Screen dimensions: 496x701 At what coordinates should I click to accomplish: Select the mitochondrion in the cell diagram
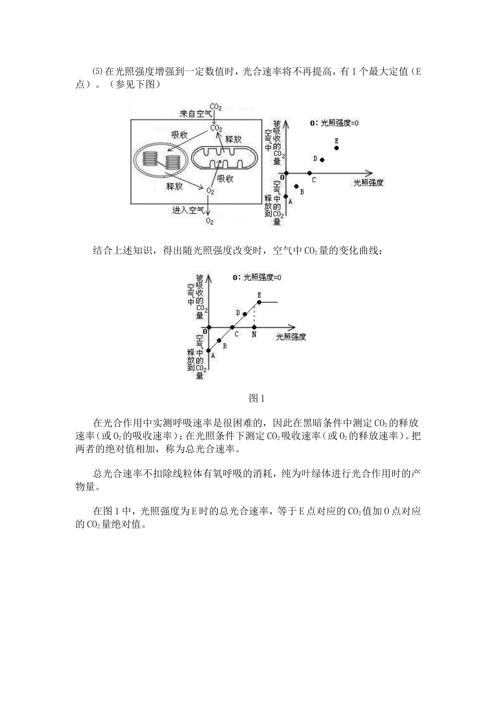(x=225, y=159)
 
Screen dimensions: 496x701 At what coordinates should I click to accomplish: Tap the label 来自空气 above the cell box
(x=196, y=114)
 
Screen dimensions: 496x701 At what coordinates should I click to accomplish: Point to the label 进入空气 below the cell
(x=188, y=210)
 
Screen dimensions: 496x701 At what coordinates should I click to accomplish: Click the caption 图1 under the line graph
(x=257, y=398)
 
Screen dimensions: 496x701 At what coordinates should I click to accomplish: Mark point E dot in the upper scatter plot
(x=337, y=148)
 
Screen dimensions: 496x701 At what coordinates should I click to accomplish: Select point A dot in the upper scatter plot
(x=286, y=196)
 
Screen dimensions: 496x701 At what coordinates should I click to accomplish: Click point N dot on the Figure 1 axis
(x=254, y=328)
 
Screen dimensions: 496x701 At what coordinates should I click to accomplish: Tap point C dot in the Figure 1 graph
(x=232, y=328)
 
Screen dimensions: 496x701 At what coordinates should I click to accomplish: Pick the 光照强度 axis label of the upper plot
(x=369, y=183)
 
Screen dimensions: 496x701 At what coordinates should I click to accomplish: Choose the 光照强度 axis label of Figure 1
(x=291, y=337)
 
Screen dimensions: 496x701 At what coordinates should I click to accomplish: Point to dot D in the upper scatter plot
(x=322, y=160)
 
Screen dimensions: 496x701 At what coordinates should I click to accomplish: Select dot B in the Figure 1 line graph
(x=219, y=341)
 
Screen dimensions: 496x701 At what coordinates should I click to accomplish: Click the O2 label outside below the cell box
(x=209, y=221)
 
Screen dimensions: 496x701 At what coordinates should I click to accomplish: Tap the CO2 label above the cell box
(x=216, y=107)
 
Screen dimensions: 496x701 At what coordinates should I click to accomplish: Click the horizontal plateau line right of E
(x=269, y=303)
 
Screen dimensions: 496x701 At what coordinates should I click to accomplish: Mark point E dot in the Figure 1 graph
(x=259, y=303)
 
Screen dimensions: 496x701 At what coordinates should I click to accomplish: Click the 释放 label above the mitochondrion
(x=233, y=139)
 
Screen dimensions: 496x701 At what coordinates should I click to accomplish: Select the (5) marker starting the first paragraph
(x=98, y=71)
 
